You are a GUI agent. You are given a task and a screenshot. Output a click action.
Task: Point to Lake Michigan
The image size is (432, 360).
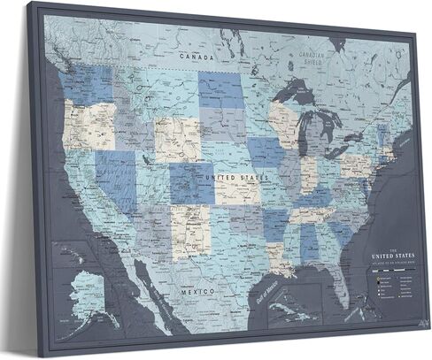tap(306, 125)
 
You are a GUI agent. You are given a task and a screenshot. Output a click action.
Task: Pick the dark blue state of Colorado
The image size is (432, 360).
tap(191, 180)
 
